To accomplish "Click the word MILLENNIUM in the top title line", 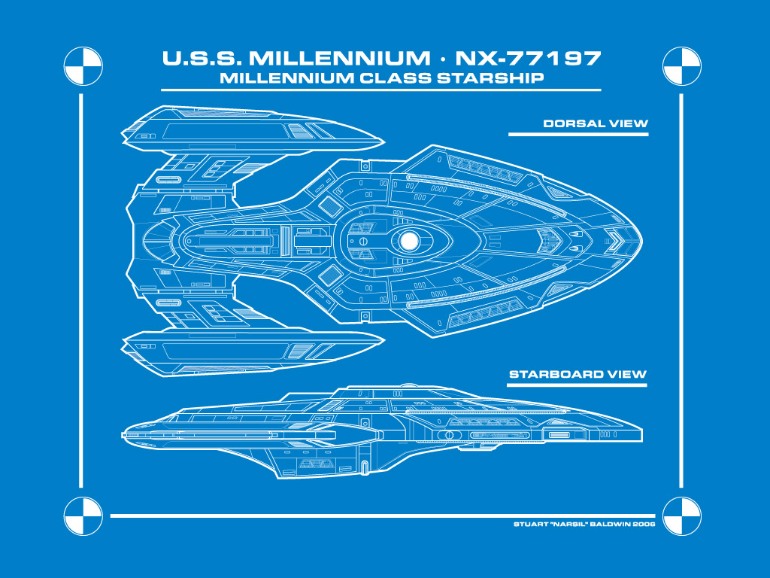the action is [x=339, y=58].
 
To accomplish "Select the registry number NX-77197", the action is [x=528, y=58].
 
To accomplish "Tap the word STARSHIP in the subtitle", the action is [x=490, y=78].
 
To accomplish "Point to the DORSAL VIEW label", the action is [x=596, y=123].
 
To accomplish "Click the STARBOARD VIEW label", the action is [x=577, y=374].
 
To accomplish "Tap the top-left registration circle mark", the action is [x=83, y=66].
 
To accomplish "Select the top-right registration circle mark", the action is [x=681, y=66].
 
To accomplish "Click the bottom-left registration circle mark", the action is [x=83, y=516].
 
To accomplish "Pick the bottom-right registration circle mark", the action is [x=681, y=516].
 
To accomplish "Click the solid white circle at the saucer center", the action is [x=408, y=241].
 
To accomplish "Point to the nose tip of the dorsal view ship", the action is [x=642, y=241].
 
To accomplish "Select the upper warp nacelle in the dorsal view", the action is [x=253, y=129].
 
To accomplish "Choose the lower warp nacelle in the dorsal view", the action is [x=253, y=354].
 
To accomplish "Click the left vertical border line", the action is [x=81, y=291].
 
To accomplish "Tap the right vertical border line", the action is [x=681, y=291].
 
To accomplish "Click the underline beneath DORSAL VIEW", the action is [x=578, y=134].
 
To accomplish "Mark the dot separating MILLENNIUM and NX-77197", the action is [x=443, y=59].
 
